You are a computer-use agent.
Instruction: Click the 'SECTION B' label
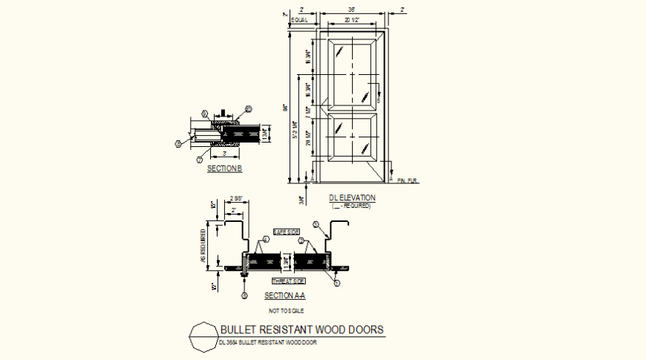tap(224, 169)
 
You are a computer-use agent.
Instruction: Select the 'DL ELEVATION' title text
tap(352, 197)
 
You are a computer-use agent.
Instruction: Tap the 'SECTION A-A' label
tap(285, 295)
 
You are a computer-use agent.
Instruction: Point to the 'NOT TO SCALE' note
tap(285, 310)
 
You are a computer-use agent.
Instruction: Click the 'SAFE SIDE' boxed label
tap(287, 232)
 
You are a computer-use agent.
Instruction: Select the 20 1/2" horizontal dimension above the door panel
tap(352, 21)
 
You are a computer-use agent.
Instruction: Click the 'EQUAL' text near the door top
tap(299, 21)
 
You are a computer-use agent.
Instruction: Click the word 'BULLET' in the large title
tap(239, 330)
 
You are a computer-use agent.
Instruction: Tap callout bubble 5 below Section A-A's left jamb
tap(244, 296)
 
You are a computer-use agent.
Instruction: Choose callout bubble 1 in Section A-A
tap(336, 284)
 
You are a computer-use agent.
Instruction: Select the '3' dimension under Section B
tap(224, 154)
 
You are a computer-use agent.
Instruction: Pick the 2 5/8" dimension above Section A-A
tap(235, 198)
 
